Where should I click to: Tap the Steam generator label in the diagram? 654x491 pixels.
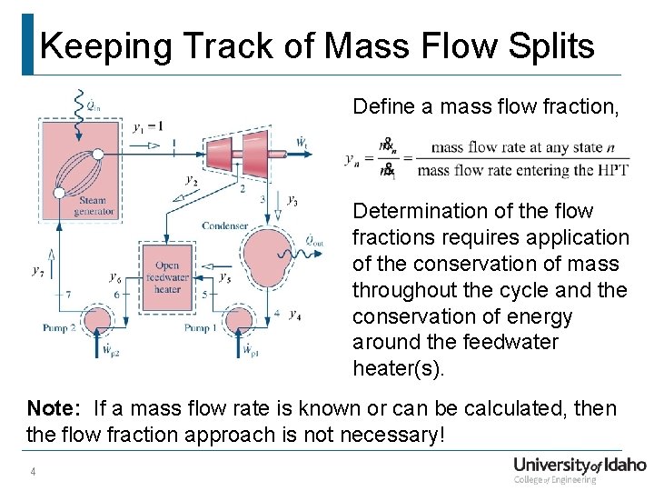click(x=93, y=206)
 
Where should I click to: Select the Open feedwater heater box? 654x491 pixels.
click(x=167, y=270)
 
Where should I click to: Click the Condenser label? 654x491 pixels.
click(x=226, y=225)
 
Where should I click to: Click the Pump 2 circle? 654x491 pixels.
click(x=96, y=319)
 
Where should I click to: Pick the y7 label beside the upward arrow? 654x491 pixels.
click(x=36, y=270)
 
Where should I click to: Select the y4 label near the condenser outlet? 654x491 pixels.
click(x=294, y=315)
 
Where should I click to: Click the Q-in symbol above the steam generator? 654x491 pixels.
click(x=91, y=105)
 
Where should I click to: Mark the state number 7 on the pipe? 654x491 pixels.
click(x=68, y=294)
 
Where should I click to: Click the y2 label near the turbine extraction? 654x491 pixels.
click(x=191, y=181)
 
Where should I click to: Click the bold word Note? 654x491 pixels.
click(x=53, y=408)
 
